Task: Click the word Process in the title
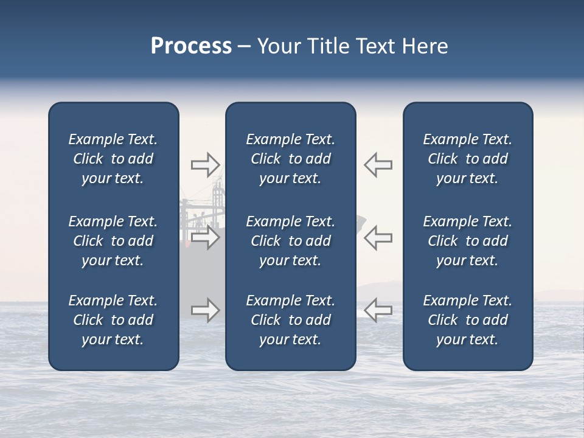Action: point(191,46)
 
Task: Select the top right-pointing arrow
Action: point(205,164)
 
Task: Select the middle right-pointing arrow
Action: point(205,237)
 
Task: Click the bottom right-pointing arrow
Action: point(205,310)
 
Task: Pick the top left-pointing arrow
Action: point(378,164)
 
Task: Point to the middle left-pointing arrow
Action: point(378,237)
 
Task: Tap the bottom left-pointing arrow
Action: point(378,310)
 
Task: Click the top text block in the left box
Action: point(113,159)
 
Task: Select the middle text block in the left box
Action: point(113,241)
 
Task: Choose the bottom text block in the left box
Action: point(113,320)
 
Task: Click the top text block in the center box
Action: point(290,159)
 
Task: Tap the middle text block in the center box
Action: point(290,241)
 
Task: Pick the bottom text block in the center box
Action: point(290,320)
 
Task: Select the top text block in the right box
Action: point(467,159)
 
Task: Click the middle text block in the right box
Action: point(467,241)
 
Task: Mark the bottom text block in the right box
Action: point(467,320)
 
